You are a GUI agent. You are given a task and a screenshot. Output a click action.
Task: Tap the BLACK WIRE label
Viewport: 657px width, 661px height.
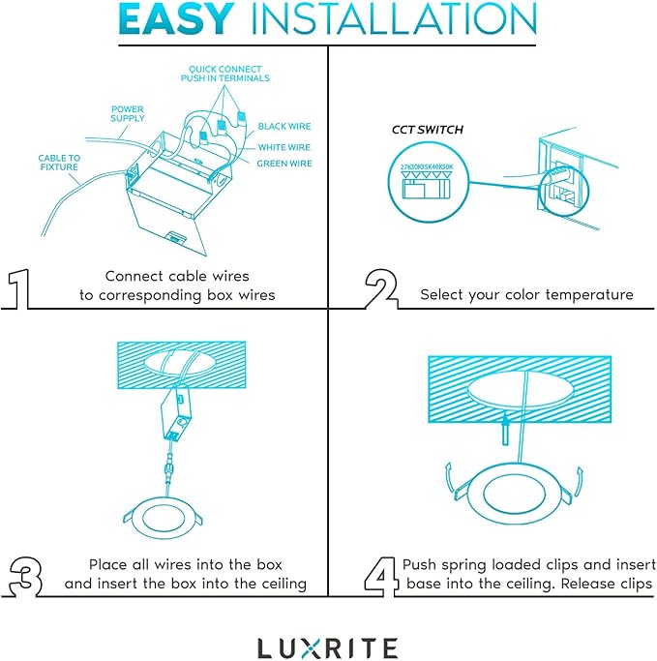(x=284, y=127)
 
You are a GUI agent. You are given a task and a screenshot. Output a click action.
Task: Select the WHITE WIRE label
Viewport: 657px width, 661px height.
(x=284, y=146)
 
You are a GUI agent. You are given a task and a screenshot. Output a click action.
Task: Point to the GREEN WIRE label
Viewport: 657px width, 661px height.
(x=284, y=164)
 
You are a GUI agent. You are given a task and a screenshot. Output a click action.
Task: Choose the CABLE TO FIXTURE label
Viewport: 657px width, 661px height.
(x=60, y=163)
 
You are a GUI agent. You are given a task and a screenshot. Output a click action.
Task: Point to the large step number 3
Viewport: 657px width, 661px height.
(x=25, y=574)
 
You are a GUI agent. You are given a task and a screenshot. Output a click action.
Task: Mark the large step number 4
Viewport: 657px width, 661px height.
(x=382, y=574)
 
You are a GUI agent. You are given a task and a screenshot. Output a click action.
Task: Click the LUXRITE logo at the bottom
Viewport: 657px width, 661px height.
(x=327, y=647)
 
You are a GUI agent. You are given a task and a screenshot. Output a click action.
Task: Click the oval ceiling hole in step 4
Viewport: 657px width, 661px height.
(x=521, y=390)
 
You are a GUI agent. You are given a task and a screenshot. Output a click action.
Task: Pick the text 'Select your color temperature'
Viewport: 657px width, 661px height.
(x=526, y=294)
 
